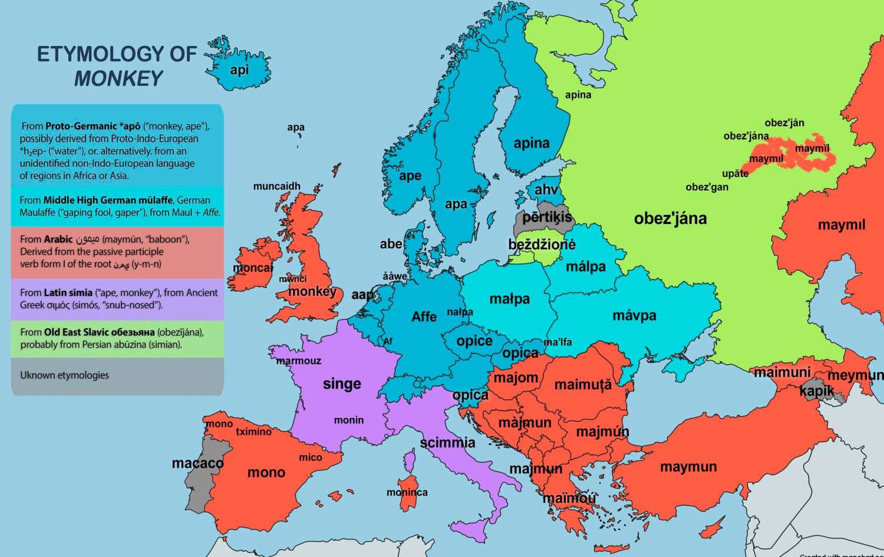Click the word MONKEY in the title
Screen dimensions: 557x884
tap(118, 78)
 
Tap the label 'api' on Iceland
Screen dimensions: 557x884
tap(239, 70)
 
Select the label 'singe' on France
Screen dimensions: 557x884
tap(342, 384)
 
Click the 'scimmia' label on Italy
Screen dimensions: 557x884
tap(447, 443)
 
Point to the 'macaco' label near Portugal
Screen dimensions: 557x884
tap(197, 463)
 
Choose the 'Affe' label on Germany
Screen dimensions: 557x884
tap(424, 317)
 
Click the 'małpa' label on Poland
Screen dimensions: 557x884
tap(509, 299)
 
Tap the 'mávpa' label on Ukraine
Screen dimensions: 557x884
tap(634, 315)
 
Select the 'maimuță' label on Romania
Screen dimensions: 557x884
tap(583, 385)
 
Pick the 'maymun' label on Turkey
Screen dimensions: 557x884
tap(688, 467)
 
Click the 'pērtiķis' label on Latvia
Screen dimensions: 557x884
tap(547, 217)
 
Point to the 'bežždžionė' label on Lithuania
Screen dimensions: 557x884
tap(542, 244)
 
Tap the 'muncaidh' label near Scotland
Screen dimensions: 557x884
tap(276, 186)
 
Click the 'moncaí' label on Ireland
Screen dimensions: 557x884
tap(253, 268)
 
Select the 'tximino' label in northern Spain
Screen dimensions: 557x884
tap(253, 431)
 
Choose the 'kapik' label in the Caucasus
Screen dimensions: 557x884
tap(816, 390)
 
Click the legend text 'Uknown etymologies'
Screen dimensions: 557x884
tap(64, 375)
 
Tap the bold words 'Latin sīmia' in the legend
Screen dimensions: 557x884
tap(68, 292)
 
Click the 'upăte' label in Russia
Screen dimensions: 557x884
tap(735, 173)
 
